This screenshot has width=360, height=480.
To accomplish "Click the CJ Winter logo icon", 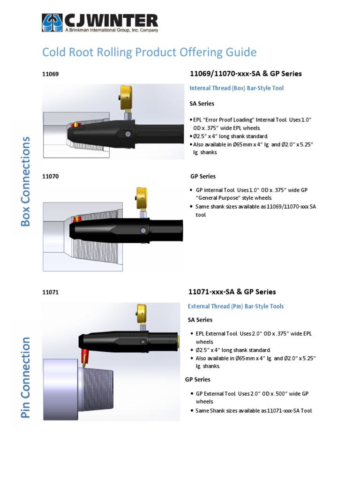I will coord(52,22).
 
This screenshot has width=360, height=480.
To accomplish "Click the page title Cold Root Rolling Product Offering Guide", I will coord(149,52).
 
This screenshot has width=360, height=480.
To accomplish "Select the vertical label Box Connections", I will coord(26,181).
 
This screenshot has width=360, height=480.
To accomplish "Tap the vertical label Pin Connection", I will coord(26,377).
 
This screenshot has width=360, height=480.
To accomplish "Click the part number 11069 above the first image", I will coord(50,74).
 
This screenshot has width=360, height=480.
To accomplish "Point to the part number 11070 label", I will coord(50,176).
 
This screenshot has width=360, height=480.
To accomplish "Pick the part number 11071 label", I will coord(50,292).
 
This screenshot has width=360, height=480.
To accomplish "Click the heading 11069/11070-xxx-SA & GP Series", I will coord(245,74).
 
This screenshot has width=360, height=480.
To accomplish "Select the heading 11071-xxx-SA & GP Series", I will coord(232,292).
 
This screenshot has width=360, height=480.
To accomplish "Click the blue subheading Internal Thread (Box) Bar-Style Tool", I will coord(236,88).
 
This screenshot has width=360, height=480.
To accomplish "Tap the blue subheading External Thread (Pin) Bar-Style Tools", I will coord(235,306).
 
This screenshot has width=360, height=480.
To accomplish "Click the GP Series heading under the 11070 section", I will coord(203,176).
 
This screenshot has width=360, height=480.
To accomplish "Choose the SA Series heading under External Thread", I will coord(200,320).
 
